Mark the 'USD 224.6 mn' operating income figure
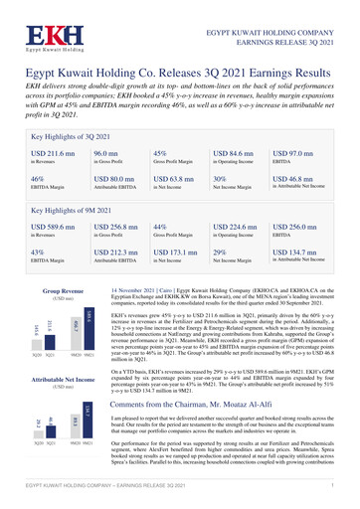242,230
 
